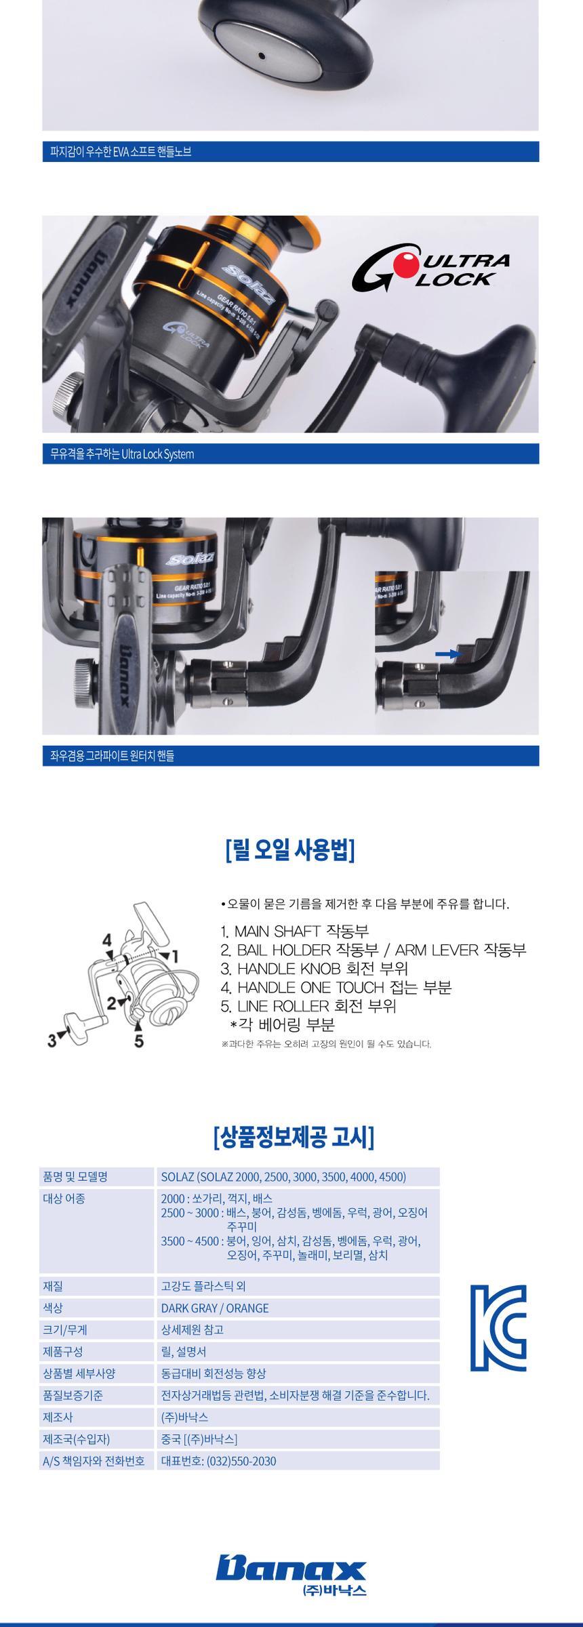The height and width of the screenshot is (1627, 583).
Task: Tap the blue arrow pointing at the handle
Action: (x=448, y=654)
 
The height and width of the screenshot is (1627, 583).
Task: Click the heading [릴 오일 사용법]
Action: (x=290, y=850)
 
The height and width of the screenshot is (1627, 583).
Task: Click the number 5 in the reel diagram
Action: (x=139, y=1041)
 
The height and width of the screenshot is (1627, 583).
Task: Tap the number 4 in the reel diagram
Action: (x=107, y=940)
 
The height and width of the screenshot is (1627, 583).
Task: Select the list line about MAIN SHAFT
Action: (x=295, y=931)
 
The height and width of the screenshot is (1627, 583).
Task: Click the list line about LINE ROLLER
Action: (x=308, y=1006)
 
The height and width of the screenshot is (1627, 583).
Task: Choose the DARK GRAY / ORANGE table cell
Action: (x=215, y=1308)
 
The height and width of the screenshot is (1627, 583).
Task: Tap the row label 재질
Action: (x=53, y=1286)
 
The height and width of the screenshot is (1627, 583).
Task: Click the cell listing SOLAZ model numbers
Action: (x=283, y=1177)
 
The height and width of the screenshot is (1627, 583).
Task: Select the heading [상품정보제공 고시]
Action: (x=294, y=1137)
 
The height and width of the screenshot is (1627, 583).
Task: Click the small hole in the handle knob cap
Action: (x=260, y=58)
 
